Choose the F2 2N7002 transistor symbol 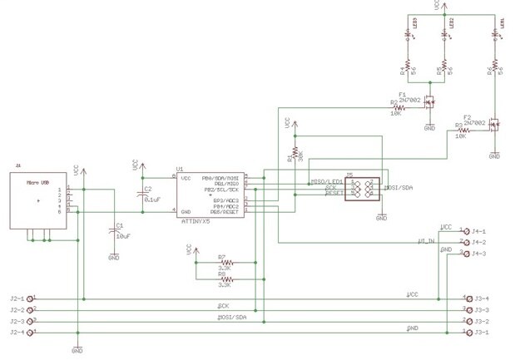(x=493, y=126)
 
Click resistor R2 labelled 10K (x=399, y=106)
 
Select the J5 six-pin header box (x=363, y=189)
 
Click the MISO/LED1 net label (x=327, y=181)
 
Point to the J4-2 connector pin (x=463, y=242)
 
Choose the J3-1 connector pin (x=464, y=333)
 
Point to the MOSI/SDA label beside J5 (x=399, y=188)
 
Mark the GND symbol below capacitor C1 (x=114, y=256)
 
